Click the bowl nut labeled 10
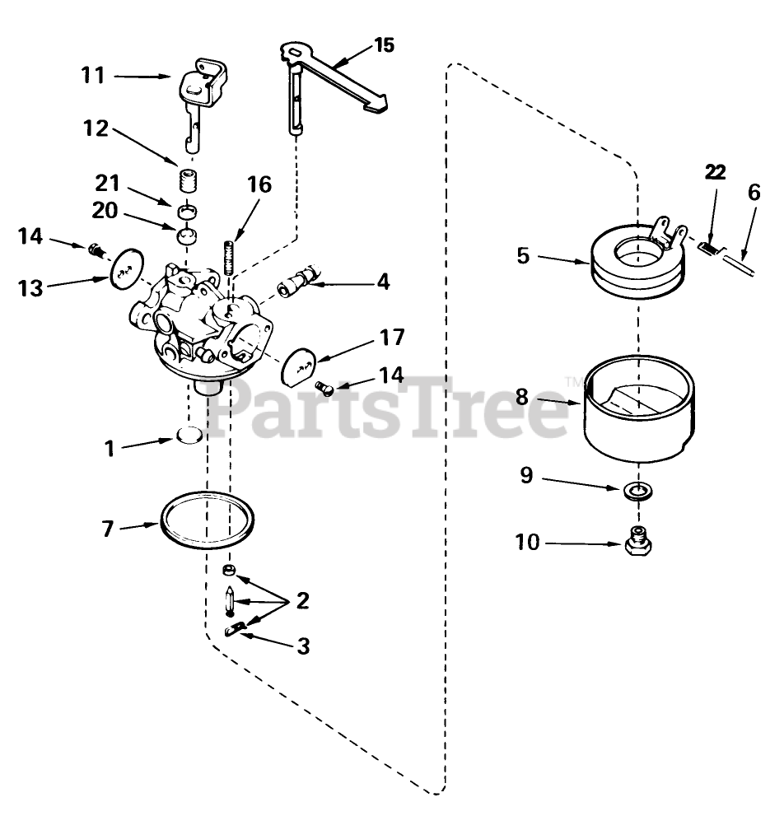pyautogui.click(x=636, y=543)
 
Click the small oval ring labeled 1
pyautogui.click(x=190, y=435)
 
